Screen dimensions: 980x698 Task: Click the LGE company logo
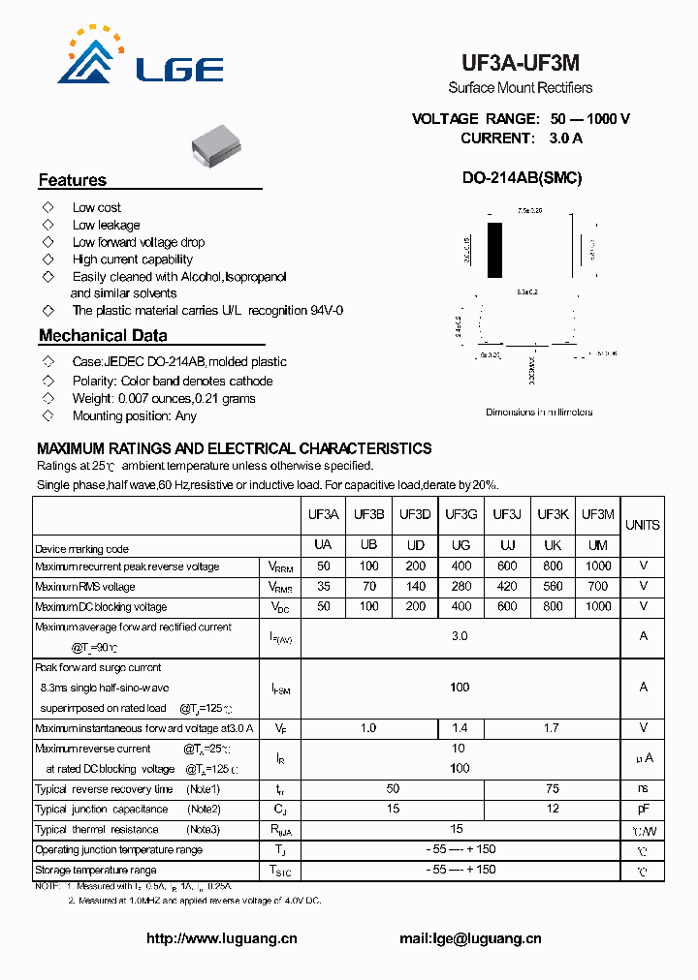(130, 57)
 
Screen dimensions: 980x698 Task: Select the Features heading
(73, 180)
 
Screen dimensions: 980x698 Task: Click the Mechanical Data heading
(103, 336)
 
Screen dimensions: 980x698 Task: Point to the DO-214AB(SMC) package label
(522, 178)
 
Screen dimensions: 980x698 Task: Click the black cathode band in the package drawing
(495, 251)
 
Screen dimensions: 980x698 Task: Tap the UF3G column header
(460, 514)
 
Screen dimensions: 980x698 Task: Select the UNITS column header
(642, 525)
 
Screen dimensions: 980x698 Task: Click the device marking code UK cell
(553, 546)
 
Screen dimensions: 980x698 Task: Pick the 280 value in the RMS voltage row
(461, 586)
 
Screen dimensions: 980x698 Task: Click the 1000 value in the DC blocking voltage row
(599, 606)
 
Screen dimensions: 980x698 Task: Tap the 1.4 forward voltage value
(461, 727)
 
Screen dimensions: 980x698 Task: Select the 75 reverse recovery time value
(553, 788)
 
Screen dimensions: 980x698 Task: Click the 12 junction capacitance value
(553, 809)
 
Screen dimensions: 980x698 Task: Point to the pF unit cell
(643, 809)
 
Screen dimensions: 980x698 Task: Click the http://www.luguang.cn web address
(221, 937)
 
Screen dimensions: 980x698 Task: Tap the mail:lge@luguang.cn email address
(470, 937)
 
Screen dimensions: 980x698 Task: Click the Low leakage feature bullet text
(106, 225)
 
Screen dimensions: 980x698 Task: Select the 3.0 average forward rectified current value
(460, 636)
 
